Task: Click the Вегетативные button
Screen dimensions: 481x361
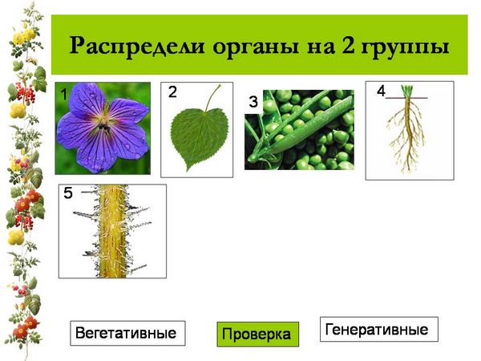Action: point(127,333)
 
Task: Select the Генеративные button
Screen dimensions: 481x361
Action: point(379,329)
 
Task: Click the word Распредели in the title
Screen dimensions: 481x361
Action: point(137,47)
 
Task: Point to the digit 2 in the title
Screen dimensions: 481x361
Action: point(348,45)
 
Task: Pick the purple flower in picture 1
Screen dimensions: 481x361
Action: point(103,127)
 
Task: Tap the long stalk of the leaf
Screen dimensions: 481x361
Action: point(212,98)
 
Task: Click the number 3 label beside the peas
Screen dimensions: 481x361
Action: point(253,102)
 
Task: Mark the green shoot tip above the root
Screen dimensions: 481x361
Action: point(407,91)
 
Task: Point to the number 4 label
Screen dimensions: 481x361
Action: point(381,91)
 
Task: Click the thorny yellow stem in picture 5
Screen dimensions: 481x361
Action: point(114,231)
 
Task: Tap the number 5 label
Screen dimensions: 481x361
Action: point(68,193)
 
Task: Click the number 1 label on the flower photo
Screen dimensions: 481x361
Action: point(63,94)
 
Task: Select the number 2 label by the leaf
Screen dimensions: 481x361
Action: point(172,91)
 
